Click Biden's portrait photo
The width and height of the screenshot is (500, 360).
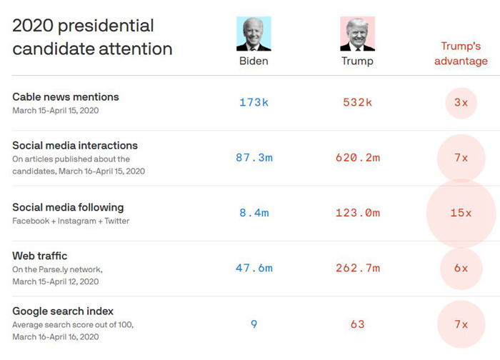tap(254, 34)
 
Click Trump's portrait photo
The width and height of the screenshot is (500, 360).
tap(357, 34)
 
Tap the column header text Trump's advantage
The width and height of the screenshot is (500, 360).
tap(461, 54)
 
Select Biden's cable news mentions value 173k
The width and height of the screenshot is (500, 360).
tap(254, 102)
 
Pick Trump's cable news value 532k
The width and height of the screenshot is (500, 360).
tap(357, 102)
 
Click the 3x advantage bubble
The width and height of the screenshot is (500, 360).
tap(461, 102)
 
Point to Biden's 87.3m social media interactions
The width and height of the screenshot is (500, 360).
tap(254, 157)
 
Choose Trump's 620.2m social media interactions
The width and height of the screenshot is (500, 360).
tap(357, 157)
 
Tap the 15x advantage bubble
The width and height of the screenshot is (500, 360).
tap(461, 213)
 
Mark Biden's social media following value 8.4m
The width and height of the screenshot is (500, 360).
tap(254, 213)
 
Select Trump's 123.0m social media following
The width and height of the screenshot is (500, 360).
tap(357, 213)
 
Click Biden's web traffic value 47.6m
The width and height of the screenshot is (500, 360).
tap(254, 268)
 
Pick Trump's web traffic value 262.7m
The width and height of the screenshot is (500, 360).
tap(357, 268)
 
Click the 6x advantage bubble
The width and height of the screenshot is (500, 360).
tap(461, 268)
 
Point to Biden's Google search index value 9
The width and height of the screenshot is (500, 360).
tap(254, 324)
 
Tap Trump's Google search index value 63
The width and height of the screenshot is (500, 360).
tap(357, 324)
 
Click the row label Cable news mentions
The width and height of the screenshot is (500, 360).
tap(66, 96)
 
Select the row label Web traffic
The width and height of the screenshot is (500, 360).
tap(40, 256)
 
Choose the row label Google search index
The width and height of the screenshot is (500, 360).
tap(63, 311)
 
